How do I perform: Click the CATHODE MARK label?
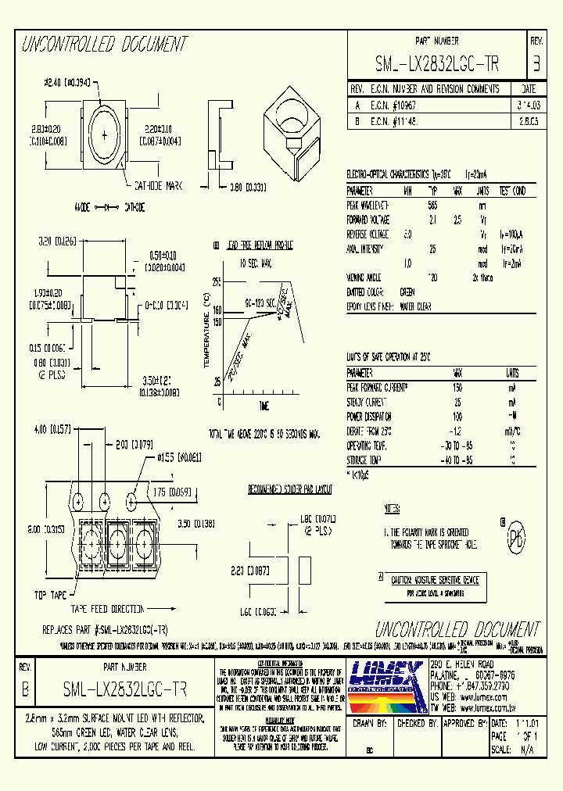point(158,185)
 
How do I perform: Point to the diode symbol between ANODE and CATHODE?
point(106,207)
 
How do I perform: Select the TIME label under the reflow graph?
point(264,406)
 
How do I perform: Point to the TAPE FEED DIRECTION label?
point(107,608)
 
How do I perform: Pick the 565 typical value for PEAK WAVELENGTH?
point(432,203)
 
